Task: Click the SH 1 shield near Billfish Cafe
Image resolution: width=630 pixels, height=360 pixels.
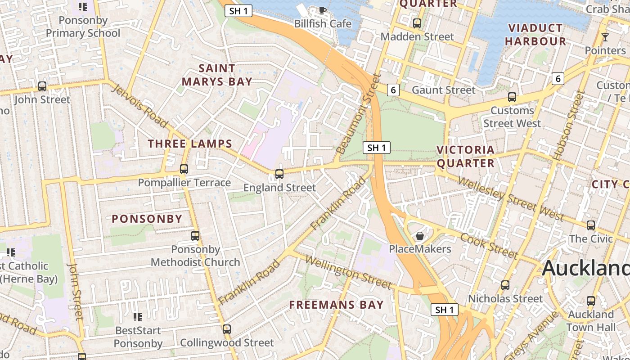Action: click(x=238, y=11)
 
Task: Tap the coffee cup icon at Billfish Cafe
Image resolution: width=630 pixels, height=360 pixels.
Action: click(x=322, y=10)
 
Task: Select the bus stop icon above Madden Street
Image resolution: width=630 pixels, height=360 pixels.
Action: click(x=417, y=23)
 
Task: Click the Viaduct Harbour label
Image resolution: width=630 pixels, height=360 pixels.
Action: click(x=535, y=35)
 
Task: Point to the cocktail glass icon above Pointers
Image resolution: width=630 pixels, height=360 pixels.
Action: click(x=605, y=37)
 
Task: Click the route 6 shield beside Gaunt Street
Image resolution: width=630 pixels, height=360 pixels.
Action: click(x=393, y=90)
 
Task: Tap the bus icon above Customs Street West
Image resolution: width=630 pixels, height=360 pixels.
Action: click(x=512, y=97)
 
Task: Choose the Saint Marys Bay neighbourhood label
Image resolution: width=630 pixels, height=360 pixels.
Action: click(x=216, y=75)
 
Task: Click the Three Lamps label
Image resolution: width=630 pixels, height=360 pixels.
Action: click(x=190, y=144)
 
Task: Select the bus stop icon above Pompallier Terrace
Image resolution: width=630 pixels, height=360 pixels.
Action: click(x=184, y=169)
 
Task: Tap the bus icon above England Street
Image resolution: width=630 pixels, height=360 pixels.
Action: click(x=279, y=174)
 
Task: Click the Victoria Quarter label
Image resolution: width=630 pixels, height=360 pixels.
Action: click(x=465, y=156)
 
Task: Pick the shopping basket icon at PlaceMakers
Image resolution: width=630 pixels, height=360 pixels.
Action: click(x=420, y=235)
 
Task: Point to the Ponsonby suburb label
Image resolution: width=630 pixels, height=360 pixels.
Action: click(x=147, y=219)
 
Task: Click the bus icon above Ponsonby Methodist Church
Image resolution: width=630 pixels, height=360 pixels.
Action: click(x=195, y=235)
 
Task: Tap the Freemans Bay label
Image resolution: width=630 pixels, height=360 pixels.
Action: click(x=336, y=305)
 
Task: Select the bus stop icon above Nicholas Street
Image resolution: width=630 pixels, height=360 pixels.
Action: click(x=505, y=285)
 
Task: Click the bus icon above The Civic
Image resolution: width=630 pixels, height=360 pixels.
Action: click(x=591, y=225)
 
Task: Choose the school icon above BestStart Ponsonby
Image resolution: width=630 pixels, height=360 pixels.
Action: click(x=138, y=317)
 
